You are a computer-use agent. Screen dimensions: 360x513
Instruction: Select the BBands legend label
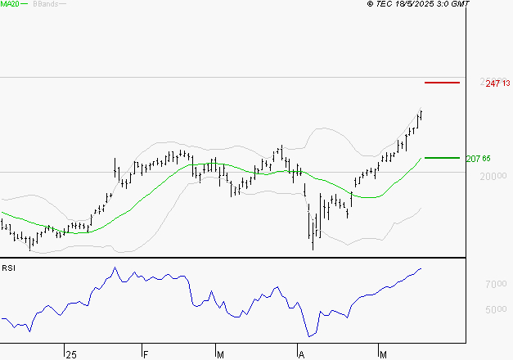tap(46, 5)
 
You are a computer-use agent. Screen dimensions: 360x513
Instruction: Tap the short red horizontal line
tap(443, 83)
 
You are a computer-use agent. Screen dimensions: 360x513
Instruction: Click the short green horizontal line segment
tap(443, 157)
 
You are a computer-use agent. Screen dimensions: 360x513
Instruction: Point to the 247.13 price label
tap(497, 83)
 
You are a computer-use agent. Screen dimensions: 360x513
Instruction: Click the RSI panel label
tap(8, 268)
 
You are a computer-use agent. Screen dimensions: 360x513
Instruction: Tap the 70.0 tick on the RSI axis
tap(496, 284)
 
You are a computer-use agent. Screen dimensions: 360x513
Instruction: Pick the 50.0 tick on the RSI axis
tap(496, 309)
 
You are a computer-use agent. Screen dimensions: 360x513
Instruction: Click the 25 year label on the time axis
tap(70, 354)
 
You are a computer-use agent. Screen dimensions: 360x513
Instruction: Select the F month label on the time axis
tap(145, 354)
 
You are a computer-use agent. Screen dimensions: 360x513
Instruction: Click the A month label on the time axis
tap(301, 354)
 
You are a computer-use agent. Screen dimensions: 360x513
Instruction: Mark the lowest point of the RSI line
tap(309, 336)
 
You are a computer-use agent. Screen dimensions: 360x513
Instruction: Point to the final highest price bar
tap(421, 114)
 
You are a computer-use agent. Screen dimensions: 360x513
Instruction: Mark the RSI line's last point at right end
tap(421, 268)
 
